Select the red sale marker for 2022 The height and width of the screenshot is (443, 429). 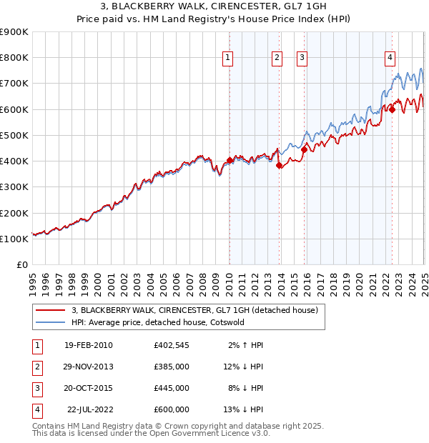click(392, 109)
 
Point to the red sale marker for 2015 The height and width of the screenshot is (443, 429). click(304, 149)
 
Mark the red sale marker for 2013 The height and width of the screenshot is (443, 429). click(279, 165)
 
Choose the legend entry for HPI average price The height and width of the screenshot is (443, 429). click(158, 322)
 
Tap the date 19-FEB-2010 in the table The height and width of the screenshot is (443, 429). click(88, 345)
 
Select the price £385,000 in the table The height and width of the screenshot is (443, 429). click(171, 367)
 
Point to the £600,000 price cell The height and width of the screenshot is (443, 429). click(171, 409)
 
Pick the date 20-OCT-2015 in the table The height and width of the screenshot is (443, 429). click(88, 388)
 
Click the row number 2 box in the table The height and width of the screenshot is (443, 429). click(36, 367)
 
